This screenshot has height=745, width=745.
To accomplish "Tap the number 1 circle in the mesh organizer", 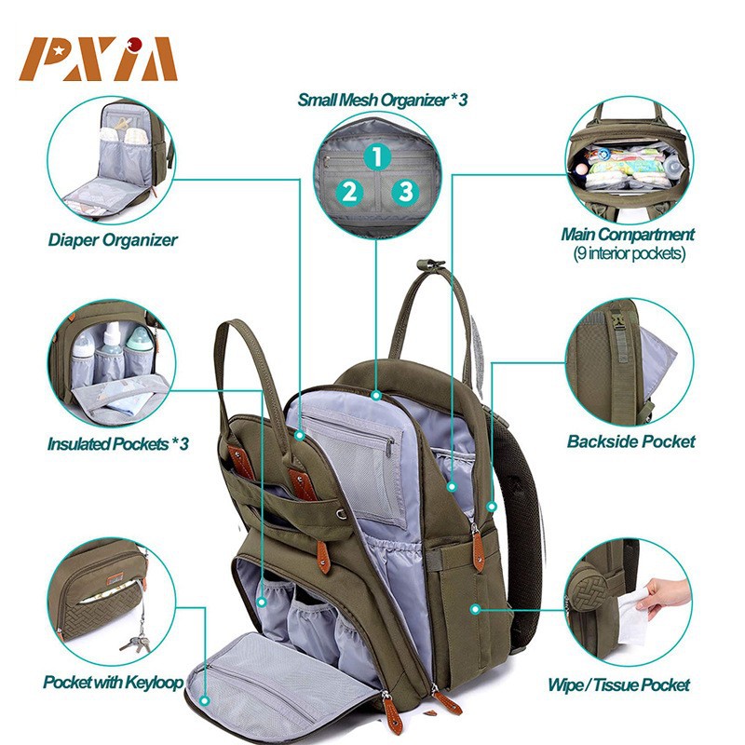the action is pyautogui.click(x=375, y=156).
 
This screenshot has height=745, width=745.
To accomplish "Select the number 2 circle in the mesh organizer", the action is pyautogui.click(x=349, y=192).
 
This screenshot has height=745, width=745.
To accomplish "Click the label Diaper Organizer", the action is pyautogui.click(x=113, y=240).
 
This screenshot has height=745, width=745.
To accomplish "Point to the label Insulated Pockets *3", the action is pyautogui.click(x=118, y=444).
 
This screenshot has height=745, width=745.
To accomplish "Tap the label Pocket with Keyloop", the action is pyautogui.click(x=113, y=683).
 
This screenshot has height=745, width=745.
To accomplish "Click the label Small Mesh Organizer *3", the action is pyautogui.click(x=382, y=99).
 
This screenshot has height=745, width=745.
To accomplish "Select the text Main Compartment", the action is pyautogui.click(x=627, y=235).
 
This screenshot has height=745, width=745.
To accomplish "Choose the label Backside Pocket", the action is pyautogui.click(x=630, y=441).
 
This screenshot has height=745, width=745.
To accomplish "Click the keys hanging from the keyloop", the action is pyautogui.click(x=135, y=640).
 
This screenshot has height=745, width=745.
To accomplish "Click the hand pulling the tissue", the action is pyautogui.click(x=667, y=593).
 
